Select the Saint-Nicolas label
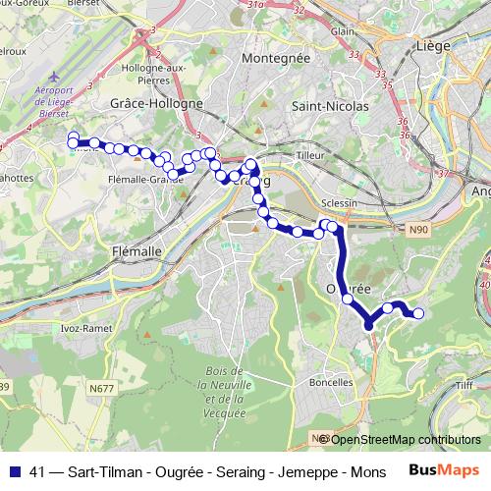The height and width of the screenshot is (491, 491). [330, 104]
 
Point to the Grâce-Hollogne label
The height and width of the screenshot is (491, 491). [157, 102]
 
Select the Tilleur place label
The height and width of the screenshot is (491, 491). [309, 155]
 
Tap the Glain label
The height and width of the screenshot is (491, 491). [342, 31]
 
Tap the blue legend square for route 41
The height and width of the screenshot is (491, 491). [14, 471]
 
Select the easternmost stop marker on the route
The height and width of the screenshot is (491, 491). [419, 313]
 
